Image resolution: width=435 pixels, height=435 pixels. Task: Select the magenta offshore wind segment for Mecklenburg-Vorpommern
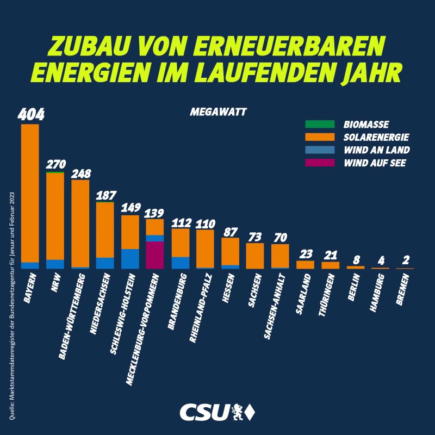click(155, 254)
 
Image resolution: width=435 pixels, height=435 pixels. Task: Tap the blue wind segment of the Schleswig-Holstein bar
click(130, 258)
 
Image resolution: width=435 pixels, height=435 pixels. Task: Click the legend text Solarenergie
click(376, 136)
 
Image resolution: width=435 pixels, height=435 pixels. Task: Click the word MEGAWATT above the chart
click(218, 113)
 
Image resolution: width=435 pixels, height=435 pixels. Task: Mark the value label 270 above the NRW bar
click(55, 164)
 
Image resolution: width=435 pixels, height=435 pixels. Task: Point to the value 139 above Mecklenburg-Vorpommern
click(155, 212)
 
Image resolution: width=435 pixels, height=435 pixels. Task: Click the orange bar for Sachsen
click(255, 256)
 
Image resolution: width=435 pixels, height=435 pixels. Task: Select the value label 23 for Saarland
click(305, 253)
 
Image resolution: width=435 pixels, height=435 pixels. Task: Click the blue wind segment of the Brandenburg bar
click(180, 263)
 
